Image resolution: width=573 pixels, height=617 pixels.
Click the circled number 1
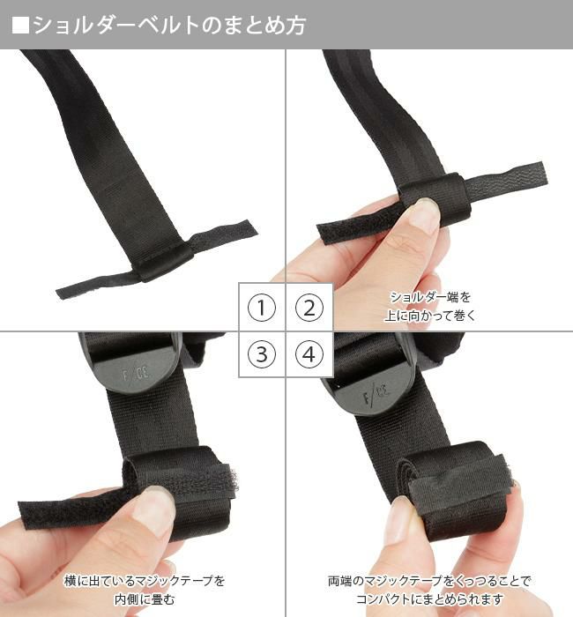(262, 308)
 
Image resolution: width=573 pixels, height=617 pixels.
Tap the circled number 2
(309, 308)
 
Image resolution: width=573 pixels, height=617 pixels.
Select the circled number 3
(262, 355)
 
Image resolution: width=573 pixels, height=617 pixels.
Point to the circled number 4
(309, 355)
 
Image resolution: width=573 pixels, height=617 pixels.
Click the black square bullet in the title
(20, 25)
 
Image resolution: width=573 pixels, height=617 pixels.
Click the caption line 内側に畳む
(144, 599)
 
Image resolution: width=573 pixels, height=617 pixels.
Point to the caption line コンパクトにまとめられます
(430, 599)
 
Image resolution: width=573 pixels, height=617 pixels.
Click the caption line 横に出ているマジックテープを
(144, 581)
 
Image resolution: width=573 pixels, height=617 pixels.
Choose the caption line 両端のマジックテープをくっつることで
(430, 581)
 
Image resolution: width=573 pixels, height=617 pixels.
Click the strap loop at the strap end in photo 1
(164, 259)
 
